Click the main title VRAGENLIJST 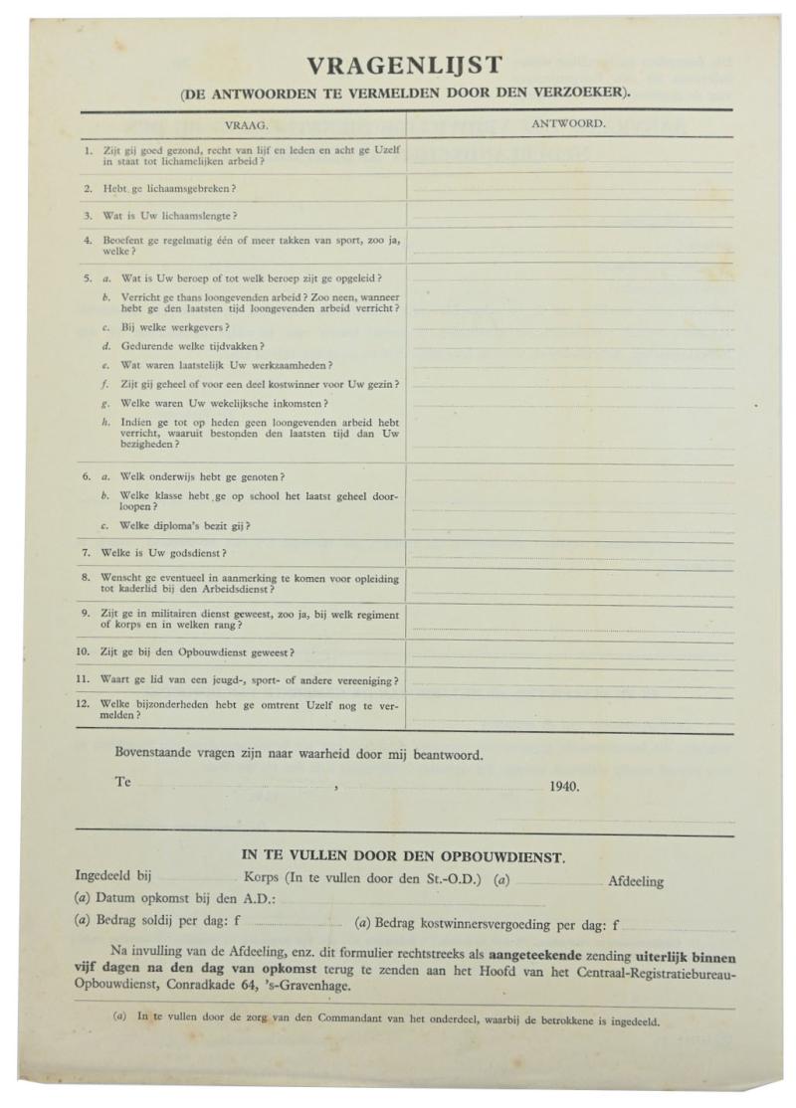404,67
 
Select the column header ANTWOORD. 570,124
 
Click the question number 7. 88,552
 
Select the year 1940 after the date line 564,785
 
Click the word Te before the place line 122,782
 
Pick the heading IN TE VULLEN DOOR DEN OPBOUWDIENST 404,856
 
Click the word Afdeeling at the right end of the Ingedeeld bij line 635,881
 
